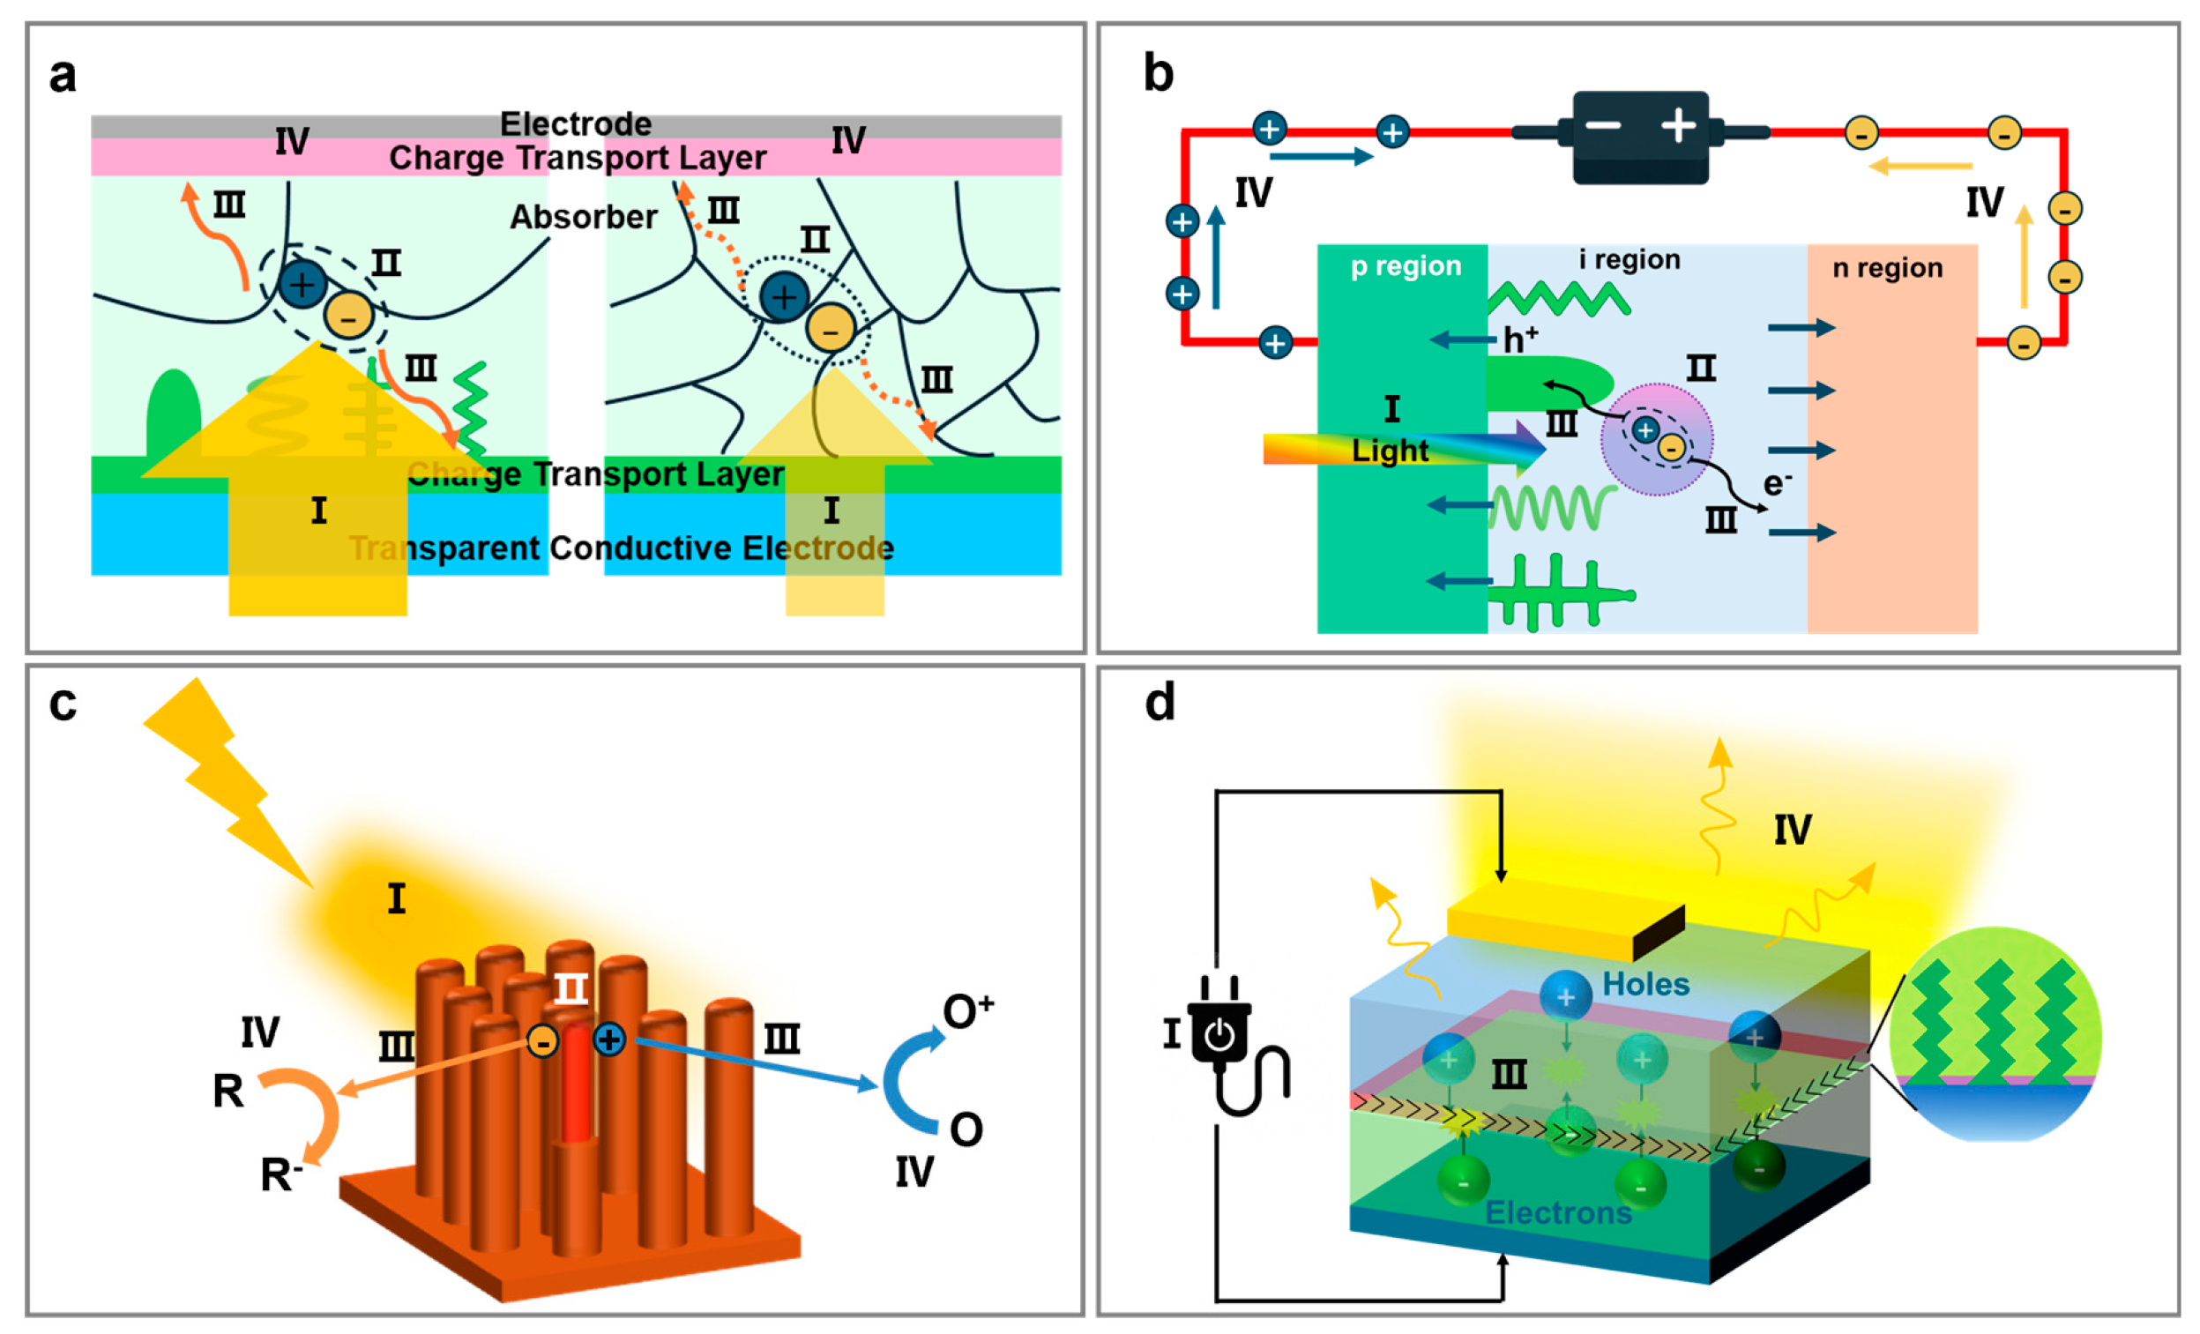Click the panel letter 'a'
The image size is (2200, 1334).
63,76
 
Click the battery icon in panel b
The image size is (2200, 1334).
1640,136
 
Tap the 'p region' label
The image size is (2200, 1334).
1406,266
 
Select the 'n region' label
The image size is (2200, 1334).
1887,268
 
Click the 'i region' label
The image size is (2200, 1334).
1629,260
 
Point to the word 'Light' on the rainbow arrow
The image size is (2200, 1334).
1390,451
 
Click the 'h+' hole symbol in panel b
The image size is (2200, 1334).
1519,339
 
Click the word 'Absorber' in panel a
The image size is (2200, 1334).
583,217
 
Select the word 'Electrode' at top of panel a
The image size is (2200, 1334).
575,123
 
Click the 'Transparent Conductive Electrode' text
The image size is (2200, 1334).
622,548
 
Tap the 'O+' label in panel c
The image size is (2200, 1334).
968,1010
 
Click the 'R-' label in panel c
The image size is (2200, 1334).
280,1175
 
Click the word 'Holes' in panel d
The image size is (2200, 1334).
1645,984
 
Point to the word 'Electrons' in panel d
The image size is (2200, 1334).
1558,1212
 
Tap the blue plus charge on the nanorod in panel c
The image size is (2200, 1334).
609,1040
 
